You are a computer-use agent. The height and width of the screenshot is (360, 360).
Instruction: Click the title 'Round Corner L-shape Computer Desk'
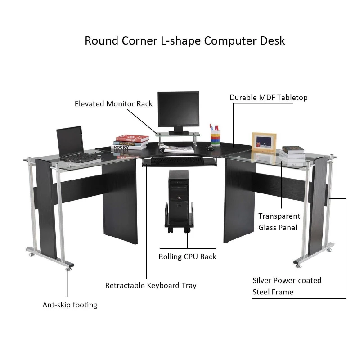[185, 40]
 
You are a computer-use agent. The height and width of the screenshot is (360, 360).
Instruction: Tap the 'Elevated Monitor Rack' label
[113, 104]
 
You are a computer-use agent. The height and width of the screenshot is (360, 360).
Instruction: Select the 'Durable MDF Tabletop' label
[269, 98]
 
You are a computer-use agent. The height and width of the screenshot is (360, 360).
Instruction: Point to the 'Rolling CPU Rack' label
[187, 256]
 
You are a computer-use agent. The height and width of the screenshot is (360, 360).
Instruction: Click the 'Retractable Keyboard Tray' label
[151, 285]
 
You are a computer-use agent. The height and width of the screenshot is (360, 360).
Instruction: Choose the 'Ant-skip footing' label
[70, 305]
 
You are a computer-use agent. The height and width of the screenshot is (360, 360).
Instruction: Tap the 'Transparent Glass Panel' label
[279, 222]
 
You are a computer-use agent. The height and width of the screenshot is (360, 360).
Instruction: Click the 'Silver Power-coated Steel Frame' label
[287, 286]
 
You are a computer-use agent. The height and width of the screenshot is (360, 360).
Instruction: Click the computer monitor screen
[178, 109]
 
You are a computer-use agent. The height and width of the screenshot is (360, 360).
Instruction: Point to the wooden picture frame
[264, 141]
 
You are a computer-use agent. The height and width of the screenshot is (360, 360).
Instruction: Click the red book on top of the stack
[132, 138]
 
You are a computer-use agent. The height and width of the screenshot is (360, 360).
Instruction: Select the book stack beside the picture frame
[292, 153]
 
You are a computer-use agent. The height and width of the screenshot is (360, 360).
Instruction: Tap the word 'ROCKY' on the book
[121, 147]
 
